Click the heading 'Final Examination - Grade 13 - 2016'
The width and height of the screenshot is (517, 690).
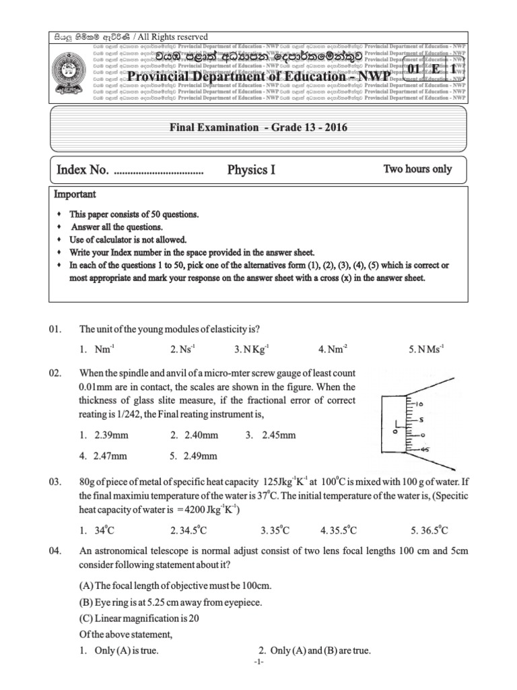tap(258, 127)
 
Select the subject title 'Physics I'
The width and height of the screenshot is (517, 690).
tap(251, 170)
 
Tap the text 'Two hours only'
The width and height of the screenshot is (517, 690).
tap(417, 169)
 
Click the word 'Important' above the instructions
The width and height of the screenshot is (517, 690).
tap(75, 194)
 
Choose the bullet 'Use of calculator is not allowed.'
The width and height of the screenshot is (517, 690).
tap(128, 239)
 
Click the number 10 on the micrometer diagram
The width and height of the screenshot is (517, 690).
tap(419, 404)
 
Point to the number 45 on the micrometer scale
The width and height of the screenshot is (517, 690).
tap(423, 450)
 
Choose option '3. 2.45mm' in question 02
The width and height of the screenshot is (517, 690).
tap(271, 435)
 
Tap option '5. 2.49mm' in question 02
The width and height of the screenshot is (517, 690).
tap(194, 456)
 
